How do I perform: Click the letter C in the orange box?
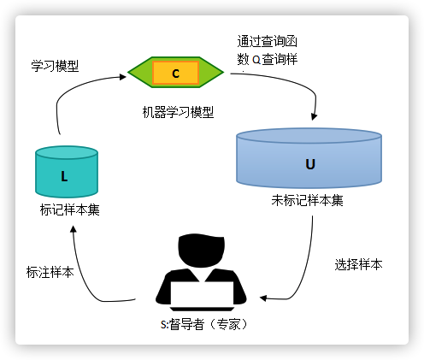[176, 74]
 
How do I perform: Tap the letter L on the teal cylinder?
[64, 176]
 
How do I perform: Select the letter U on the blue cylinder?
[310, 164]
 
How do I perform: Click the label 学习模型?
[55, 66]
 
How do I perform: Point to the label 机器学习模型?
[178, 112]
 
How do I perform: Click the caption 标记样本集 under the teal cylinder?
[70, 210]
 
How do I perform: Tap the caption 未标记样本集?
[307, 200]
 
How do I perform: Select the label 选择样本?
[358, 264]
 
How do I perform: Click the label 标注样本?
[50, 272]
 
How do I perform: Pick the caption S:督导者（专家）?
[204, 324]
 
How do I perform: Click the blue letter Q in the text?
[256, 60]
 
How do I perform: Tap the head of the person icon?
[202, 251]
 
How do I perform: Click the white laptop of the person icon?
[202, 292]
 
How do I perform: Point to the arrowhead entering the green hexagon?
[123, 77]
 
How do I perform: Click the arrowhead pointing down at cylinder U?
[314, 116]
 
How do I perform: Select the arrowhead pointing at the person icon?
[263, 298]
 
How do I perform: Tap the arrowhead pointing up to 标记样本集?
[74, 229]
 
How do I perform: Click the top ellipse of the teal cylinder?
[67, 152]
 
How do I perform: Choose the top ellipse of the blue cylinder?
[309, 136]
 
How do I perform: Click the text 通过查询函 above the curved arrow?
[268, 41]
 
